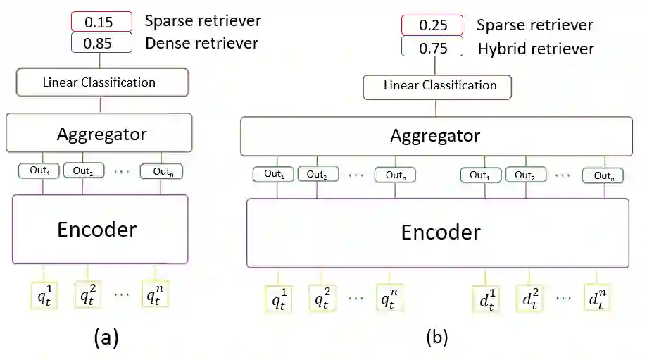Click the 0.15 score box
coord(101,22)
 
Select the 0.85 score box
coord(101,43)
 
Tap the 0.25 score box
coord(432,25)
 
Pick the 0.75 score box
coord(432,47)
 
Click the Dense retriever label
coord(201,43)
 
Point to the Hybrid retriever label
coord(535,48)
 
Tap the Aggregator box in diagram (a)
coord(102,133)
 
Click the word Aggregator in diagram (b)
coord(435,135)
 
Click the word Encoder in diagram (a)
coord(96,229)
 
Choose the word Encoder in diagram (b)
coord(441,232)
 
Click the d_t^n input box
coord(596,299)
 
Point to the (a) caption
coord(106,338)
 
